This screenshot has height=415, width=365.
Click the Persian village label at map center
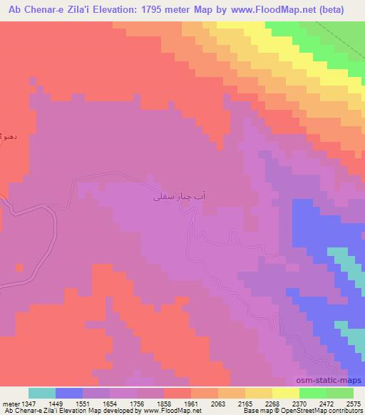(183, 193)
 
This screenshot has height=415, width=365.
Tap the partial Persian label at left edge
(6, 135)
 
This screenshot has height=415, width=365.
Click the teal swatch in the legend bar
(42, 393)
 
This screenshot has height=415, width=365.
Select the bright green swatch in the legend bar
(312, 393)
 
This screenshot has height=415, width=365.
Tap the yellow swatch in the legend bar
(258, 393)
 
